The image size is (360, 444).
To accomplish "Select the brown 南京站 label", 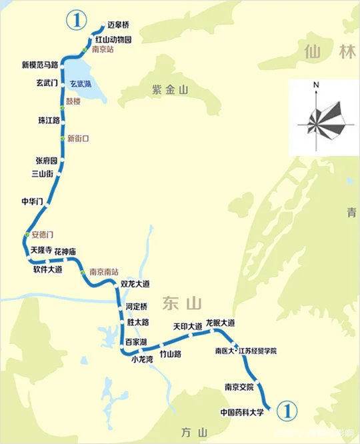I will coord(104,50).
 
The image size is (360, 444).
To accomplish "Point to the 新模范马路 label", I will coord(39,65).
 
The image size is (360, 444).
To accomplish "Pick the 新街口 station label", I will coord(78,139).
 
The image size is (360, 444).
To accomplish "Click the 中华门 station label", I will coord(33,201).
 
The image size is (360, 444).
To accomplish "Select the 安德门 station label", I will coord(42,235).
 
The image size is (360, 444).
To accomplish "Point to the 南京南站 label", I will coord(104,272).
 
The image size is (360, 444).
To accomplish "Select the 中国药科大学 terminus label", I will coord(242,412).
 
